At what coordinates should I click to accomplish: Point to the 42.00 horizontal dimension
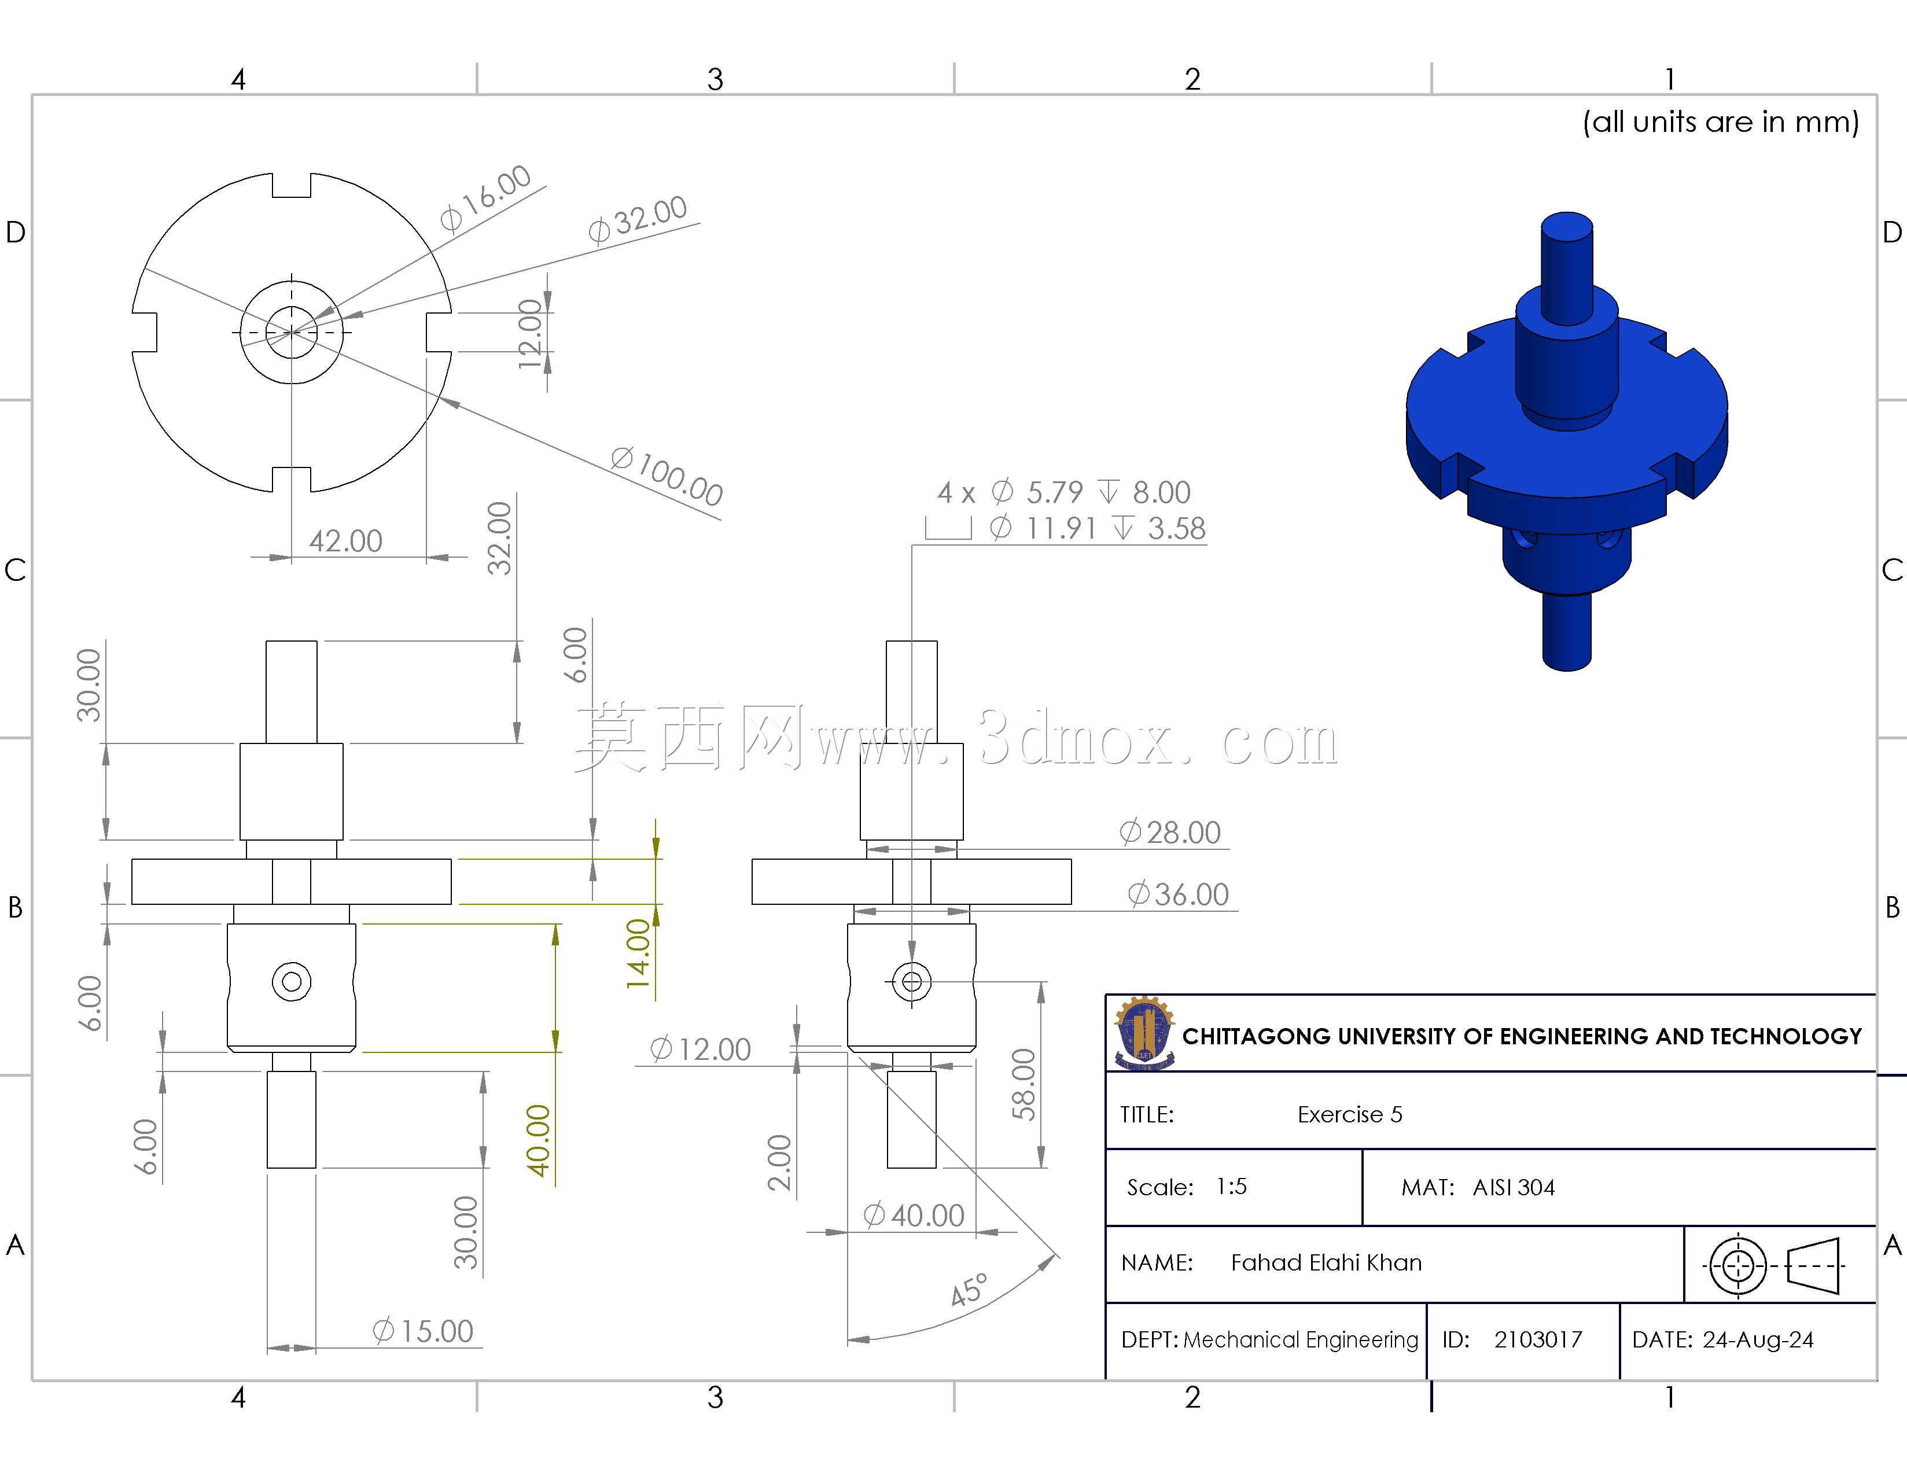click(x=346, y=542)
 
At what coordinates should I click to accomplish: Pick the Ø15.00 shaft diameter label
click(x=422, y=1332)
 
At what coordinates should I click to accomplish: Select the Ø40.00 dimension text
click(x=914, y=1216)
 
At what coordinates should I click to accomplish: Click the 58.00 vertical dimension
click(x=1024, y=1084)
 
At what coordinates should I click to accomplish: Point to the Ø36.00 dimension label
click(x=1178, y=894)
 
